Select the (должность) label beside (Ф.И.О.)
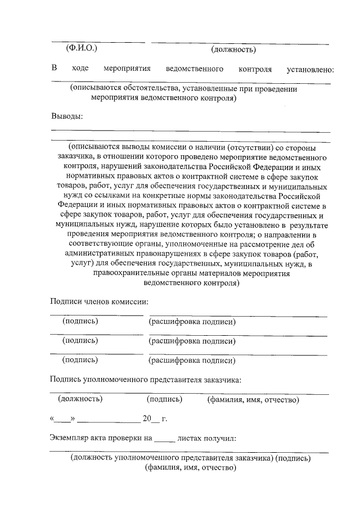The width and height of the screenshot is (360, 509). pyautogui.click(x=233, y=49)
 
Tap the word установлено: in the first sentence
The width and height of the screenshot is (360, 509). pyautogui.click(x=310, y=69)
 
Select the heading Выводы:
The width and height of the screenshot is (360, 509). pyautogui.click(x=66, y=116)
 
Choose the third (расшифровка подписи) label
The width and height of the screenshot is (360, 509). pyautogui.click(x=191, y=361)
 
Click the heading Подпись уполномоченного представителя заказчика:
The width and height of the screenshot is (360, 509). pyautogui.click(x=145, y=379)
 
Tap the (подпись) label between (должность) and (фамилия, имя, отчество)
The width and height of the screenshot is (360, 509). pyautogui.click(x=164, y=399)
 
